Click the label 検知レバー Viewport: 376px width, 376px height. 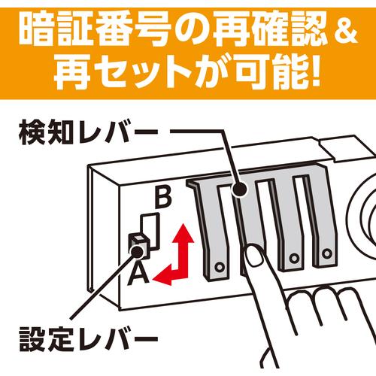tap(88, 132)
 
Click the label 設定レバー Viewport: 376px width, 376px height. tap(88, 339)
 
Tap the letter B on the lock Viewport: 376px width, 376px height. tap(163, 197)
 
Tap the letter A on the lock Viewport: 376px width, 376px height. tap(138, 275)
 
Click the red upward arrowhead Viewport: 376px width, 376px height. tap(183, 233)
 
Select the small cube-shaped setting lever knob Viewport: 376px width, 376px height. tap(139, 244)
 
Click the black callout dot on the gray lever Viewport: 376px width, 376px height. tap(238, 190)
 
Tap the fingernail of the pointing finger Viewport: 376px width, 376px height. tap(253, 256)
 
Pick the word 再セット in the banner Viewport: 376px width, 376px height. tap(123, 72)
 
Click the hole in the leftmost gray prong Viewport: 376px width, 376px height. tap(220, 267)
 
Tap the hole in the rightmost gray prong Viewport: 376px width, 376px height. tap(326, 253)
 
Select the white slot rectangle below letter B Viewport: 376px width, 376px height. tap(150, 231)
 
